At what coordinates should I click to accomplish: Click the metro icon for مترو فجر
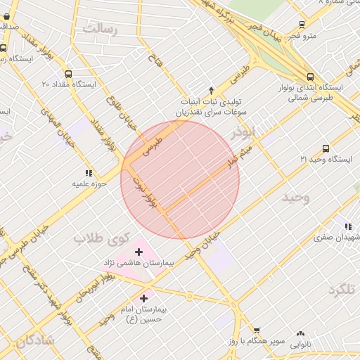[302, 25]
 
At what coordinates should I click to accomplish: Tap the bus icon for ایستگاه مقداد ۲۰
[68, 74]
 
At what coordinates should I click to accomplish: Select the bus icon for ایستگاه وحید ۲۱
[326, 148]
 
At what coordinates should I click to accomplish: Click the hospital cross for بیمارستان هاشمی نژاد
[138, 252]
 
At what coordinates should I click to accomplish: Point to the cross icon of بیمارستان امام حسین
[144, 298]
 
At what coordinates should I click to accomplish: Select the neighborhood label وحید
[295, 198]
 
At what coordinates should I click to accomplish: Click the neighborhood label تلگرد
[342, 290]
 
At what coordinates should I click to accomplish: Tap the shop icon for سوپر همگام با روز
[257, 330]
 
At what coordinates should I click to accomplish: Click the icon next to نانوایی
[302, 333]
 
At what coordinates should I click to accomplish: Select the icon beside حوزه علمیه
[89, 172]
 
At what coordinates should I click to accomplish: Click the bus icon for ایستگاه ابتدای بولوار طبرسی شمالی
[310, 77]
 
